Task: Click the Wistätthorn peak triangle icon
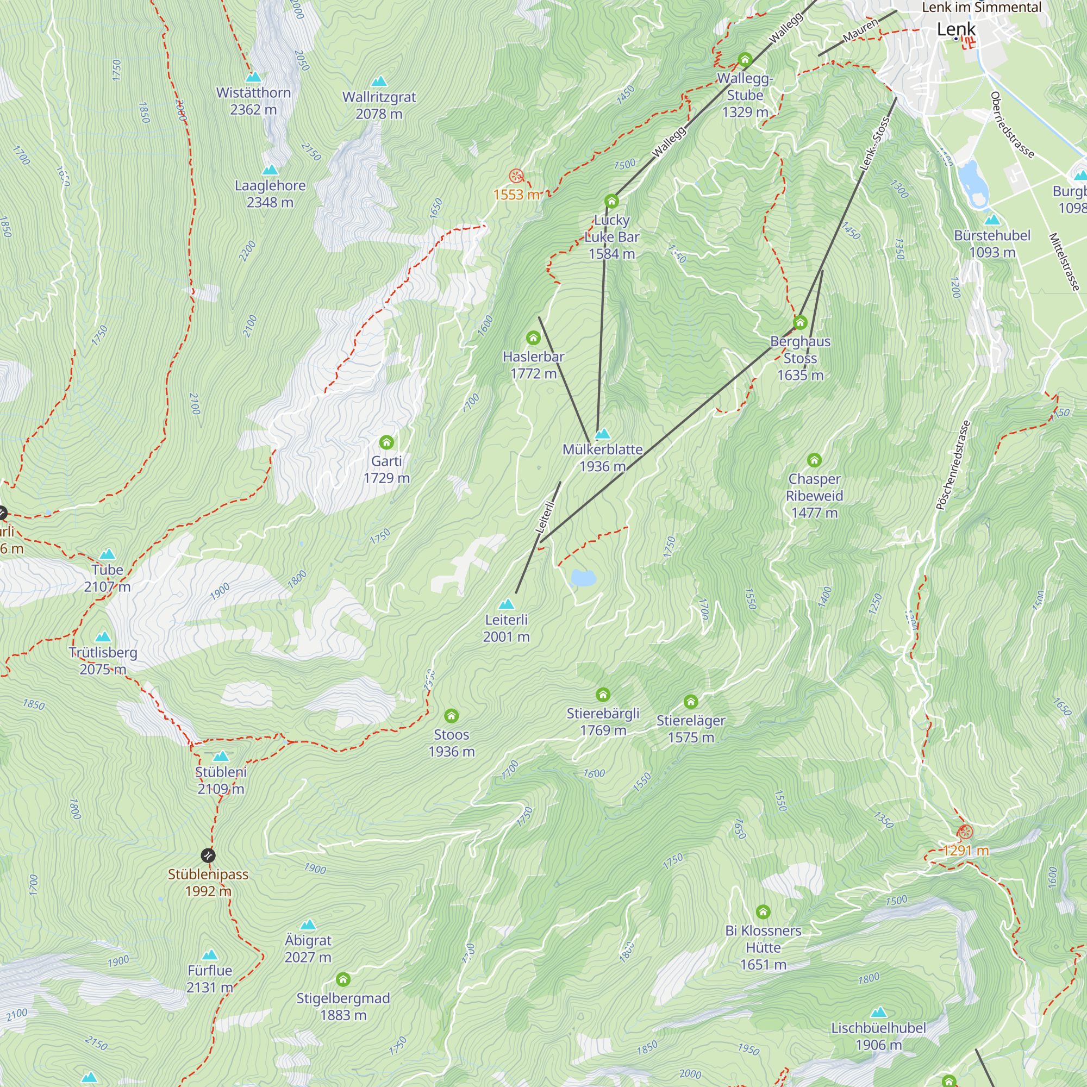pos(253,77)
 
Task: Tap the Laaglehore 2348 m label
pos(270,193)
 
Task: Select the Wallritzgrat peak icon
pos(379,81)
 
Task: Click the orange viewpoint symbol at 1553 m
pos(516,176)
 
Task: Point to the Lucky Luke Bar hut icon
pos(611,201)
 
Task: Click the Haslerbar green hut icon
pos(533,338)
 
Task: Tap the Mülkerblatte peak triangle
pos(603,434)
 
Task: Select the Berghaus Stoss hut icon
pos(800,322)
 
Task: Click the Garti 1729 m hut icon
pos(386,442)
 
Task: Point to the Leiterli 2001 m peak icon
pos(507,604)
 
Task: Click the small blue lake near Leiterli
pos(583,577)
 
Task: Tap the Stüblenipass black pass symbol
pos(208,856)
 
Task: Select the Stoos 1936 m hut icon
pos(451,716)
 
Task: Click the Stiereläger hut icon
pos(691,702)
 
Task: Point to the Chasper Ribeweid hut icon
pos(814,460)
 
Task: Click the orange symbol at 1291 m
pos(965,832)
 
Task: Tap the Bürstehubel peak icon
pos(992,220)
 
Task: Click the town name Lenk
pos(956,29)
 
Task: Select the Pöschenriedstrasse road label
pos(953,465)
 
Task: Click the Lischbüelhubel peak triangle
pos(878,1013)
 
